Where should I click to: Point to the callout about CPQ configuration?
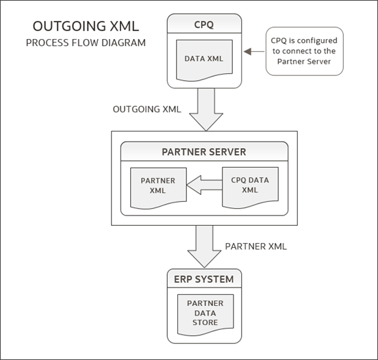point(304,50)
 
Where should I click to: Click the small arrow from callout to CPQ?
point(255,50)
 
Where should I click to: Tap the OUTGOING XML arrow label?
point(147,109)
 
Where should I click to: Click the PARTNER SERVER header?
point(203,151)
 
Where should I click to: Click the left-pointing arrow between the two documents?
point(203,184)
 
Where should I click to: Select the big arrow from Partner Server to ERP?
point(203,246)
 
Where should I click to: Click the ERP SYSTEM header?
point(204,279)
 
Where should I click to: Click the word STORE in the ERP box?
point(205,322)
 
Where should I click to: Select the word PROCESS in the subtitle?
point(49,43)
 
